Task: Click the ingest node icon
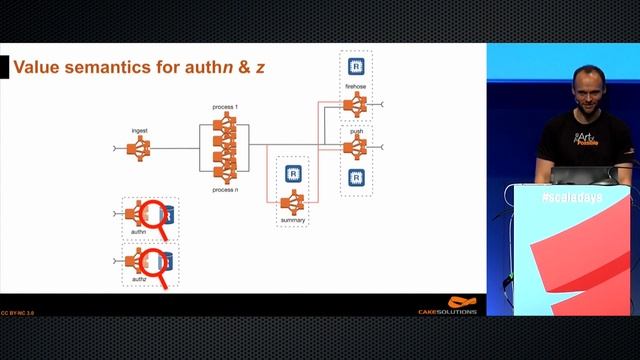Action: click(x=140, y=149)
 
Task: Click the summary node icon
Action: click(x=293, y=201)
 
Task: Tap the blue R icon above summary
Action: click(x=293, y=172)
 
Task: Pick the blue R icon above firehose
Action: click(x=354, y=67)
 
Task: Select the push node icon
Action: click(x=354, y=147)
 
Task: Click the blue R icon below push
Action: click(x=354, y=178)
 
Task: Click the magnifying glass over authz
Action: click(x=153, y=262)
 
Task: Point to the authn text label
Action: click(x=139, y=232)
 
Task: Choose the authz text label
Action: click(x=139, y=281)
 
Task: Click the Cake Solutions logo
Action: click(x=447, y=305)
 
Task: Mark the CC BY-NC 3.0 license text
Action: click(x=19, y=312)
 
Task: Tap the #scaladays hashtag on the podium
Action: click(x=566, y=199)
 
